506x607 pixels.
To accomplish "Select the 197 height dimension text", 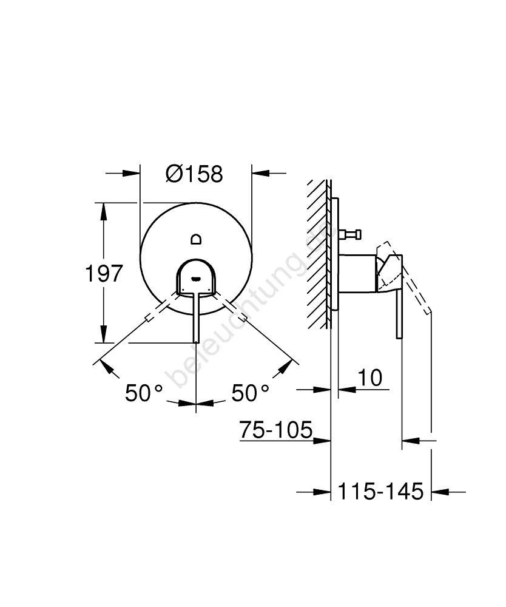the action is [104, 273].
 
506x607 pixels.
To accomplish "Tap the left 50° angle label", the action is [144, 393].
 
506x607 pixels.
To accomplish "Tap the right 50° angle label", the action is [251, 393].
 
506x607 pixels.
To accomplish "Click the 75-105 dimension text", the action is [276, 429].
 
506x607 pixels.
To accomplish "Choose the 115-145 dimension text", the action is [380, 491].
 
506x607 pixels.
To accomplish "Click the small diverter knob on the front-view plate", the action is [196, 239].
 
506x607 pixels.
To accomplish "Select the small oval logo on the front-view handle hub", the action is [196, 277].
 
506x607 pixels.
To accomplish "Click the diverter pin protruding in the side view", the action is [349, 234].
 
